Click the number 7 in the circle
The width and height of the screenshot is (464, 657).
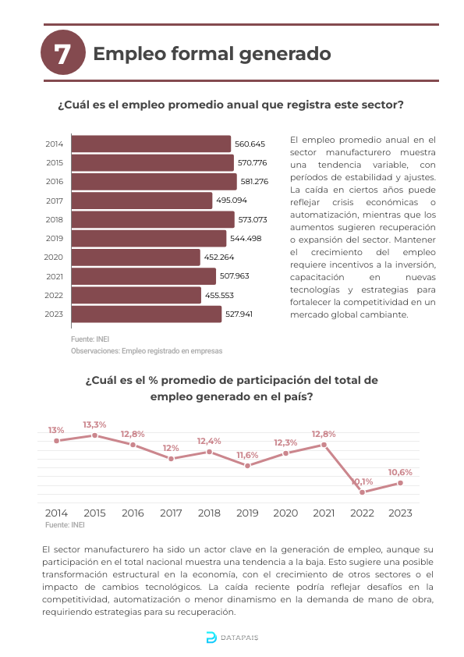[x=62, y=54]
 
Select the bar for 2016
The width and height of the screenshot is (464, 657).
[x=154, y=182]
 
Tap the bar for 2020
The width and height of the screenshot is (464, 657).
[x=136, y=257]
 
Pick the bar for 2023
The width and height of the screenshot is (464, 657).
[x=147, y=314]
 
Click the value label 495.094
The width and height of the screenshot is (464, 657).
[x=232, y=201]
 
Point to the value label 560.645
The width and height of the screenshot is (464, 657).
[x=250, y=144]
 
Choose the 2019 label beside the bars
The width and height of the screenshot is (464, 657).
[x=55, y=239]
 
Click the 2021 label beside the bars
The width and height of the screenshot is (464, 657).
[x=55, y=276]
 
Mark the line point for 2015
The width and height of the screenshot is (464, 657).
[x=94, y=435]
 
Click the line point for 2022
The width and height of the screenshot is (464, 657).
[x=363, y=492]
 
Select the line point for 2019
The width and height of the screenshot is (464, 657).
[x=247, y=466]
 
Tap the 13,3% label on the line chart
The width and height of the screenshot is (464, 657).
[x=94, y=425]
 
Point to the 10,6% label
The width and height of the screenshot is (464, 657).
[x=400, y=473]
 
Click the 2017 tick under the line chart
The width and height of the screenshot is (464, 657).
[x=171, y=513]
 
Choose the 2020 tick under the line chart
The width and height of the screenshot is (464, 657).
[x=285, y=513]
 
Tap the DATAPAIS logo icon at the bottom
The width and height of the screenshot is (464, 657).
[x=211, y=637]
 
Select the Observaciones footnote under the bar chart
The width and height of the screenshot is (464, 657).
[x=147, y=351]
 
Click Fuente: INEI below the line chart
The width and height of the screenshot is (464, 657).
[x=65, y=525]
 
